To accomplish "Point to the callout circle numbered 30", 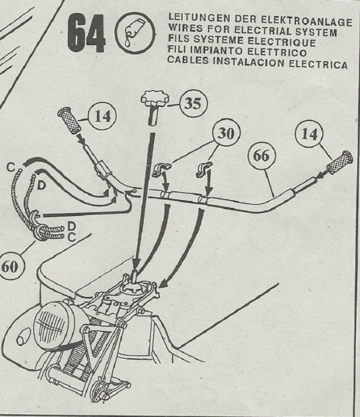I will tap(225, 134).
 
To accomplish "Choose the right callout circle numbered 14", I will tap(309, 135).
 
